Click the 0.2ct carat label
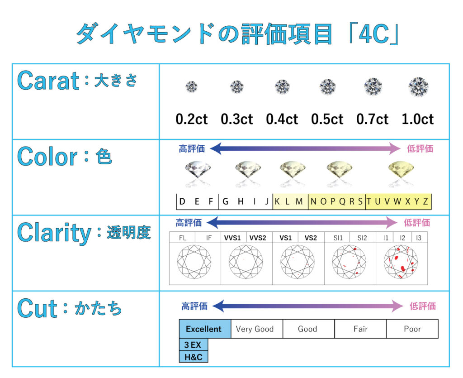[192, 119]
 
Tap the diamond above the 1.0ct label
[418, 87]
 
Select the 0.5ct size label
[327, 119]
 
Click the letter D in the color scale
[182, 201]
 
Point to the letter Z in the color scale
[425, 201]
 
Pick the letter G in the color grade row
[225, 201]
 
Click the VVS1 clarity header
[232, 238]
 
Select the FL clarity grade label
[183, 238]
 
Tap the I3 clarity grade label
[419, 238]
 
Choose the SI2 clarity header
[362, 238]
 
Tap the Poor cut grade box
[412, 329]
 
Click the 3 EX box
[194, 345]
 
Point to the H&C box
[194, 357]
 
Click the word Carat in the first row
[48, 81]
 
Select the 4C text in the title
[374, 34]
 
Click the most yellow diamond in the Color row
[401, 170]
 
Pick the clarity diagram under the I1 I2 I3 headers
[401, 262]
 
